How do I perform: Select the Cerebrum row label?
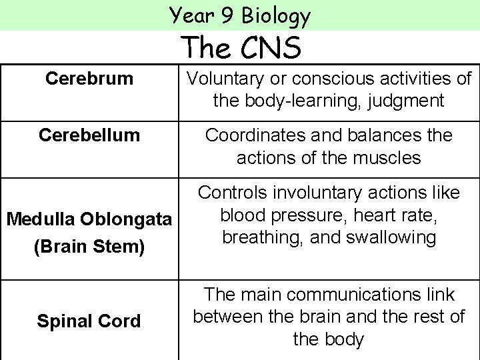pos(89,79)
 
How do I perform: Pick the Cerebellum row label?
pos(89,135)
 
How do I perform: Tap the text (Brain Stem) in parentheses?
pos(89,247)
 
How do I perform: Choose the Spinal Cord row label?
pos(89,321)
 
